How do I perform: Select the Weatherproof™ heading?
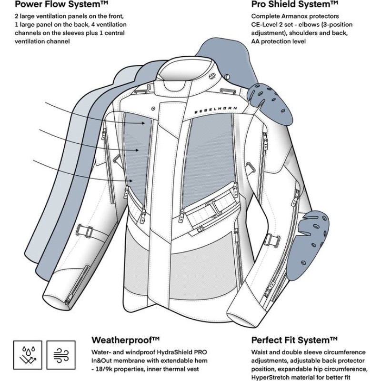tap(125, 340)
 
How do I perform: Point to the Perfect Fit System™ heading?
tap(294, 340)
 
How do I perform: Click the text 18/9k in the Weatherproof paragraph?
tap(105, 370)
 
